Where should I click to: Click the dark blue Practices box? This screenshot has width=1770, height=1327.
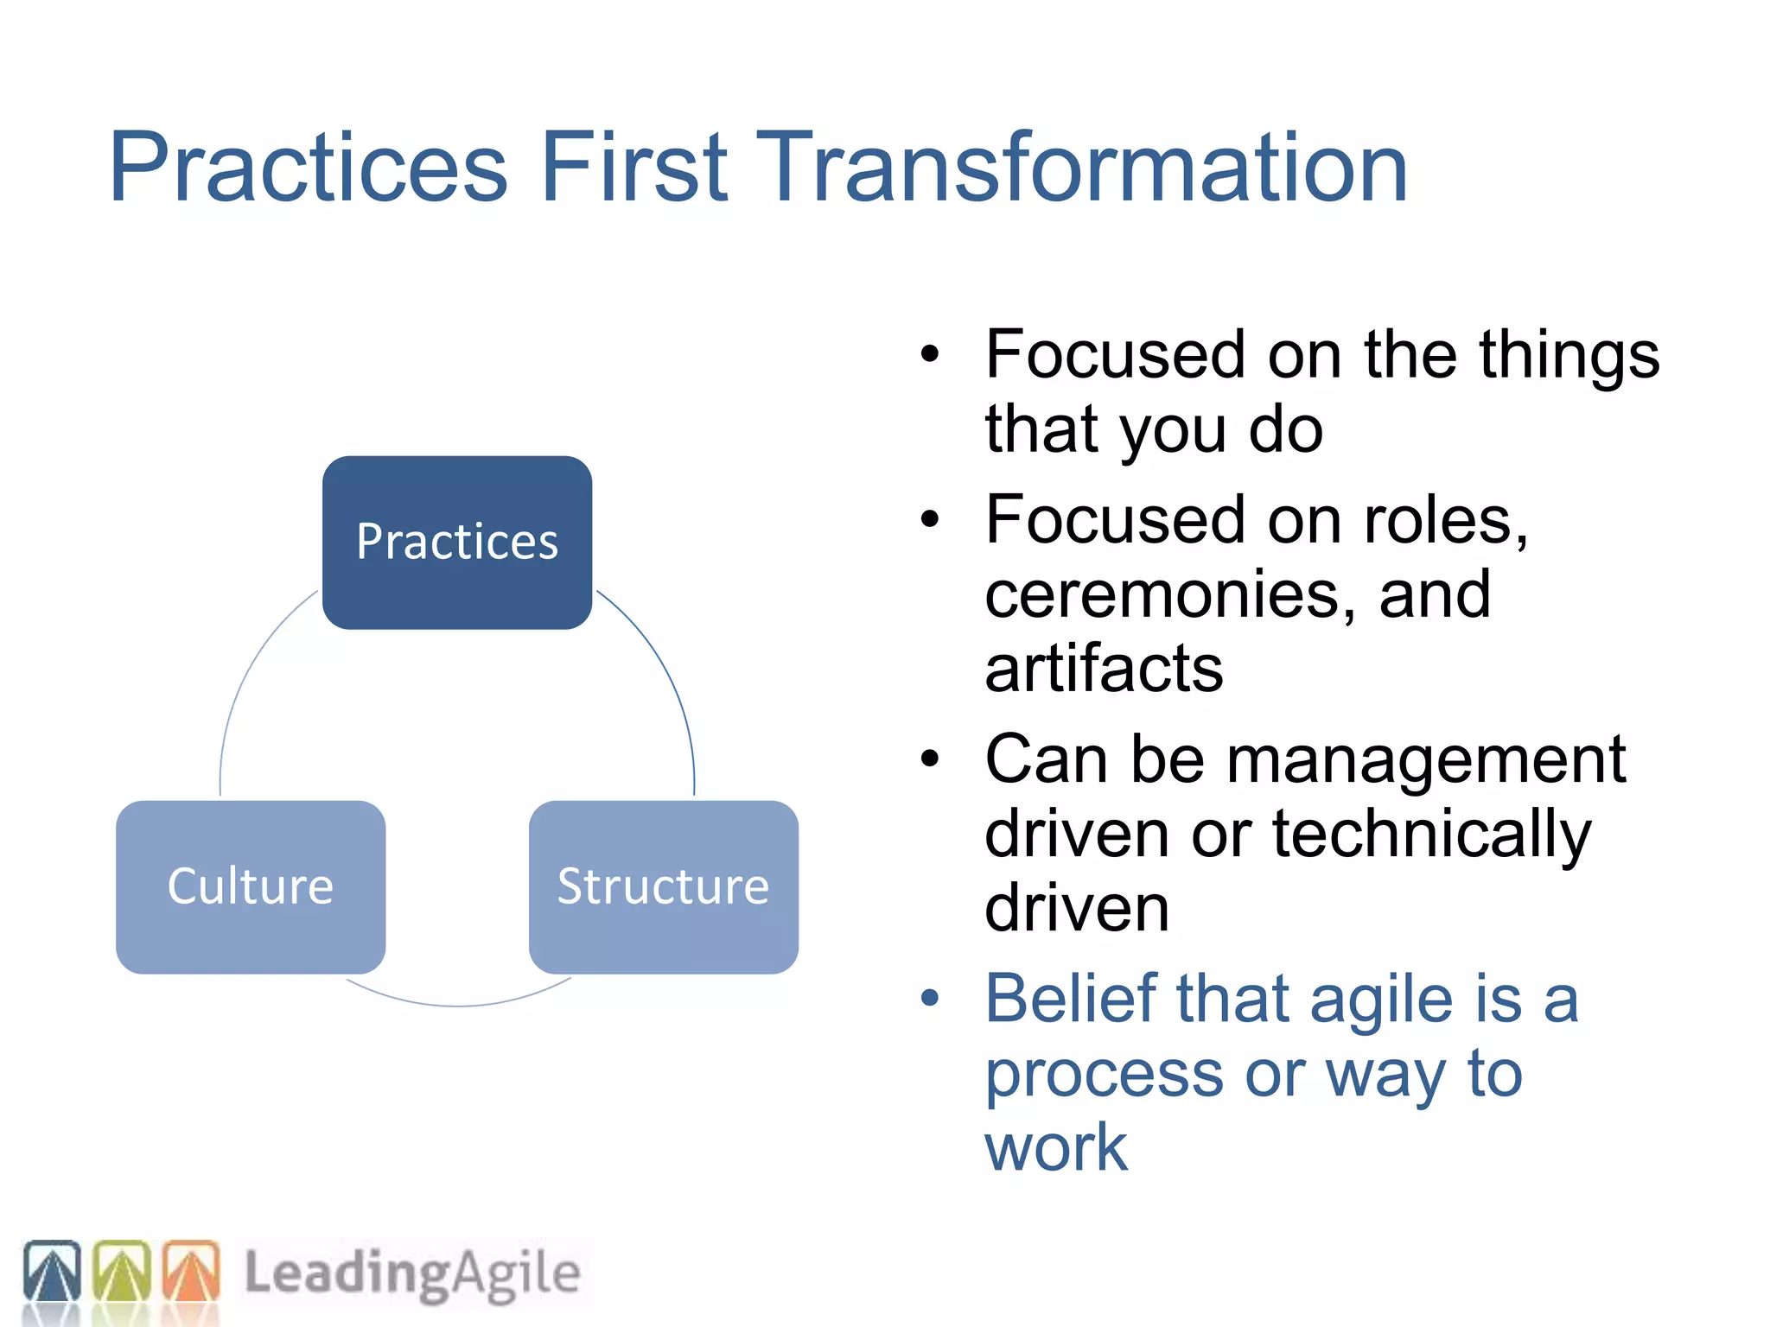(x=456, y=543)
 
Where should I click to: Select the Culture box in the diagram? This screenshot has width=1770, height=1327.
(x=251, y=886)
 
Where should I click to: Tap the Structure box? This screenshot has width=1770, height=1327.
(x=663, y=886)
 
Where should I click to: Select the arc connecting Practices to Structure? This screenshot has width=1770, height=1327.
(x=665, y=674)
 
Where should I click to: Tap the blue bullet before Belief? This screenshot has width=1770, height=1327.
(x=929, y=999)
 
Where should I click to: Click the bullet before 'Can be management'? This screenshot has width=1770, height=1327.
(x=929, y=759)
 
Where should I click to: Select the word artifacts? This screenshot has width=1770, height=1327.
(x=1104, y=669)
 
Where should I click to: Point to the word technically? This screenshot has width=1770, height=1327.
(x=1431, y=835)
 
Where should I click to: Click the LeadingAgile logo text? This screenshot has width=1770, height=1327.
(x=411, y=1273)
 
